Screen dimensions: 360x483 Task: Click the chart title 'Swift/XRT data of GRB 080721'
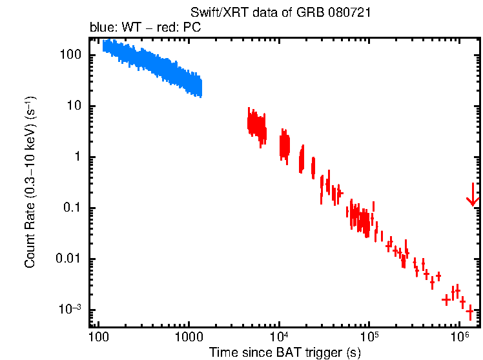(x=280, y=13)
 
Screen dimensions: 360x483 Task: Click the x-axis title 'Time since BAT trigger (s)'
(x=285, y=352)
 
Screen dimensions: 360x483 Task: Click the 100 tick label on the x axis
(x=98, y=337)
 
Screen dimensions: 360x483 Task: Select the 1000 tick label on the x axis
(x=189, y=337)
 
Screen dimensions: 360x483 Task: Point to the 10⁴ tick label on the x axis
(x=279, y=335)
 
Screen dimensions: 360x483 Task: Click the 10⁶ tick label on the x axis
(x=459, y=335)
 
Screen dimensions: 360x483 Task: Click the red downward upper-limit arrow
(x=473, y=195)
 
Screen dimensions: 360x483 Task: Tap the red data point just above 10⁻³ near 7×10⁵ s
(x=446, y=300)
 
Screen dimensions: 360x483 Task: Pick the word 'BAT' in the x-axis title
(x=284, y=352)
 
